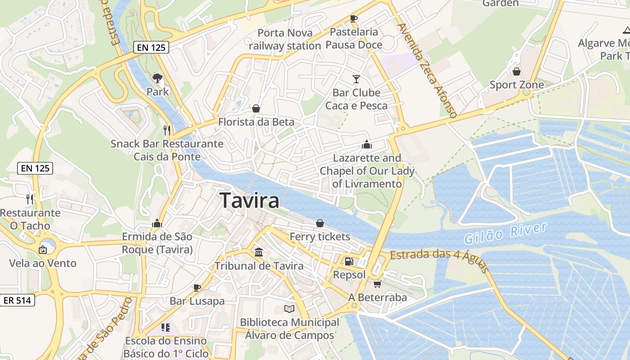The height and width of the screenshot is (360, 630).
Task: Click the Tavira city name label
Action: pos(250,201)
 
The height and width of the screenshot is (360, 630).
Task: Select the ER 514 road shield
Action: pos(18,300)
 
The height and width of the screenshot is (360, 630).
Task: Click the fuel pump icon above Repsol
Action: pos(349,261)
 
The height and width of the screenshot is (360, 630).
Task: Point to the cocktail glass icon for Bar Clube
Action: pos(356,79)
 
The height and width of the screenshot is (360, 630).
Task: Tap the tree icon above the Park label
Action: pos(157,78)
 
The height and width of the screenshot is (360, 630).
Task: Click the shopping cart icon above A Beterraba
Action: pos(377,284)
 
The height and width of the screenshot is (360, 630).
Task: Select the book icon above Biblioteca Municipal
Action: pos(289,309)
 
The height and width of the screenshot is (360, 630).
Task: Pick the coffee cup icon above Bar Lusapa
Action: pos(197,287)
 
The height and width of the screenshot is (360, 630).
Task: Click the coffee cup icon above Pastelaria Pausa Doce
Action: pos(354,18)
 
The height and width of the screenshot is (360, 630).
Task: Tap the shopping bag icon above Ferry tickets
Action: pos(319,223)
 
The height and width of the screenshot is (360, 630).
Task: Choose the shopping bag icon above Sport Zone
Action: pos(517,71)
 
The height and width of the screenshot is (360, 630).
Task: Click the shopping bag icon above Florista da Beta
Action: pos(256,108)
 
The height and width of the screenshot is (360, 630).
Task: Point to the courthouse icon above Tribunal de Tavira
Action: pos(259,252)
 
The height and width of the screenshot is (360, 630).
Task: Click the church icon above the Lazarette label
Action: pos(367,144)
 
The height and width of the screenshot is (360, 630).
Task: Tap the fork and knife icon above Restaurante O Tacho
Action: pos(30,199)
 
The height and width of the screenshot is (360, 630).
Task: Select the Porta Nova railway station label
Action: pos(285,39)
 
